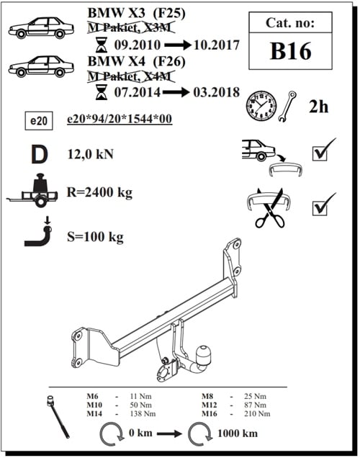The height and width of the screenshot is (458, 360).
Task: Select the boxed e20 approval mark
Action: pos(39,122)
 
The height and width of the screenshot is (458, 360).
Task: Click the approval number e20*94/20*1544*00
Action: pos(119,120)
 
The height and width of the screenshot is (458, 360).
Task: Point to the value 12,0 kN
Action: pos(91,153)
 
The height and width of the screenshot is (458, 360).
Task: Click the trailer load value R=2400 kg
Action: pos(99,192)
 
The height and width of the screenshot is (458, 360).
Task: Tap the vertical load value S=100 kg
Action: pos(94,235)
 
